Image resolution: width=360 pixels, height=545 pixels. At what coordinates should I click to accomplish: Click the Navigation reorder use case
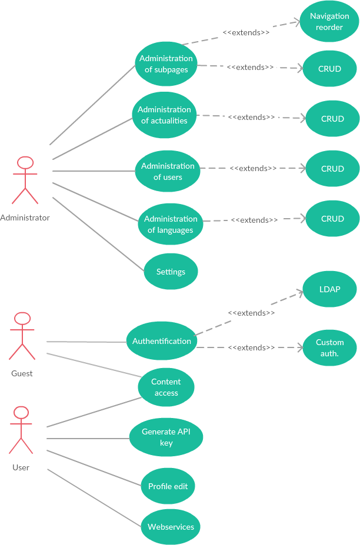[329, 22]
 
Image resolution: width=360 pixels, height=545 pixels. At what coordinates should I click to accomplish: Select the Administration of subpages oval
[166, 63]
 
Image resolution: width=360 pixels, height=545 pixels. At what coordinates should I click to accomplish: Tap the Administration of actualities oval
[164, 115]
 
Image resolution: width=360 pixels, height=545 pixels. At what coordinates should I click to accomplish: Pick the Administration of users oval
[168, 171]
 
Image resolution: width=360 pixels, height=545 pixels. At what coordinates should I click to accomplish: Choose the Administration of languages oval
[171, 224]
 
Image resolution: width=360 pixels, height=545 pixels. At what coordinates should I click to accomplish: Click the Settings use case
[171, 272]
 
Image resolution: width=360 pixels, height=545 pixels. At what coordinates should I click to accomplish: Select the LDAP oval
[329, 289]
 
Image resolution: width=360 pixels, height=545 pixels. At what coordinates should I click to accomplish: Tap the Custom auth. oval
[329, 347]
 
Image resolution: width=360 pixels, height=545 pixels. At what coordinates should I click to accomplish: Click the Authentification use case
[161, 341]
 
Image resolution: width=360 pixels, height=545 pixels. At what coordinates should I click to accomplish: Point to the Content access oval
[166, 387]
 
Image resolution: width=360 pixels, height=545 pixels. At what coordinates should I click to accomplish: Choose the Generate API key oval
[166, 437]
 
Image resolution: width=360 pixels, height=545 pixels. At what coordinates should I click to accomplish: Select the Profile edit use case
[168, 486]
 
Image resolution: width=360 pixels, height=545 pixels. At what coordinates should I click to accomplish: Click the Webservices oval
[171, 527]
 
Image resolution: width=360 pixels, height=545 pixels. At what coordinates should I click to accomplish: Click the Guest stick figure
[22, 336]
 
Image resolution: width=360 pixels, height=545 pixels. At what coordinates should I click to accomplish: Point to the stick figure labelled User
[21, 430]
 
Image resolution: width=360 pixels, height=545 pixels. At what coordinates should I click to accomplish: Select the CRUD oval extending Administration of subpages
[329, 69]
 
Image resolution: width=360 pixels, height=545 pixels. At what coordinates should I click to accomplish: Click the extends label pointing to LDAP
[251, 313]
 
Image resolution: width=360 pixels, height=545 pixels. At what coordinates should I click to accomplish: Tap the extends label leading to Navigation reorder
[246, 32]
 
